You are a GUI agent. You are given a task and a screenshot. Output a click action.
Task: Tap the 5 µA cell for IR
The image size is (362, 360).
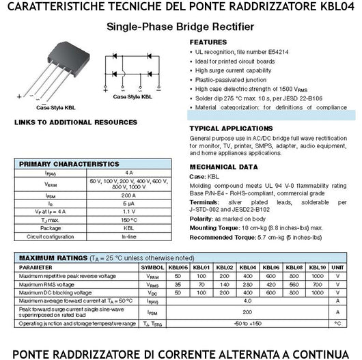pos(129,204)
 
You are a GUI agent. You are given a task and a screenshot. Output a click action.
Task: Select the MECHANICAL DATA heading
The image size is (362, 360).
pos(223,167)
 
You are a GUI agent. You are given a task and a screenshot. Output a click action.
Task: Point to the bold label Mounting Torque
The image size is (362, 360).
pos(213,227)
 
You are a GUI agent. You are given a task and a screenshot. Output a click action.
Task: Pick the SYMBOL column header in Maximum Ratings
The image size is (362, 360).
pos(152,267)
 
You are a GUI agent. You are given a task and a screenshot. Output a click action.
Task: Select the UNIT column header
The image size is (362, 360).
pos(337,267)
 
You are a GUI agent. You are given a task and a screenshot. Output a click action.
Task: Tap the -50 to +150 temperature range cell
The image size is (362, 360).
pos(249,322)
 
